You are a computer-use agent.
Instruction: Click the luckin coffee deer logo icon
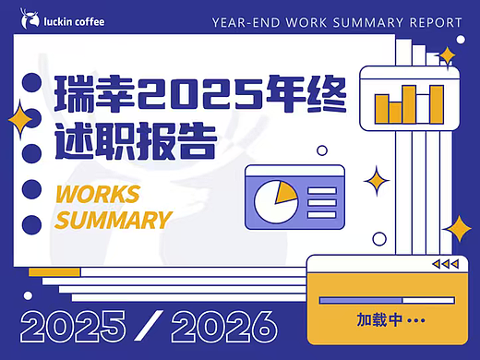tap(33, 19)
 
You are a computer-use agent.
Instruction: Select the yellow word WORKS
tap(98, 194)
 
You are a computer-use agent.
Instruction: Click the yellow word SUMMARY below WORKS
tap(114, 221)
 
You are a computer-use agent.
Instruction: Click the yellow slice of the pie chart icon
tap(283, 193)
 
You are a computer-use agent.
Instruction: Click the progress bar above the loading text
tap(387, 300)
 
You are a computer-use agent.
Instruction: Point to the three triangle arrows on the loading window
tap(445, 265)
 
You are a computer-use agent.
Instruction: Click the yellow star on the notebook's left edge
tap(18, 119)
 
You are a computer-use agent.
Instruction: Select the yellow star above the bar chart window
tap(447, 57)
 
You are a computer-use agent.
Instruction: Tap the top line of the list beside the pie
tap(321, 189)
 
